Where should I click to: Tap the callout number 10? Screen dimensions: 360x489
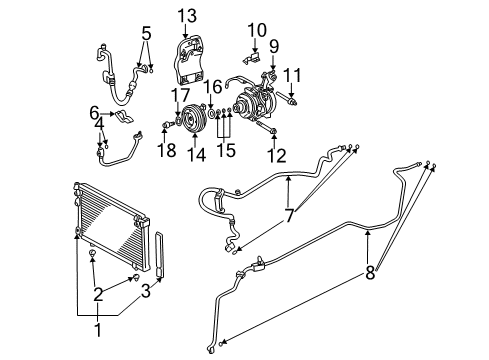point(257,29)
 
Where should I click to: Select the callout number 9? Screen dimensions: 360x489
point(272,45)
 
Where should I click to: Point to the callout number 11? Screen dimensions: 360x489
point(291,75)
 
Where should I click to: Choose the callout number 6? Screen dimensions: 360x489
point(94,112)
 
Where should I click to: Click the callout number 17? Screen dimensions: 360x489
point(179,95)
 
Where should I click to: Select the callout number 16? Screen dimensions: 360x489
point(212,89)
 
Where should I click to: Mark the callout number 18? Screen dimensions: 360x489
point(166,150)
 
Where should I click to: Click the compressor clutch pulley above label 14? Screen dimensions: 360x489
point(193,122)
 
